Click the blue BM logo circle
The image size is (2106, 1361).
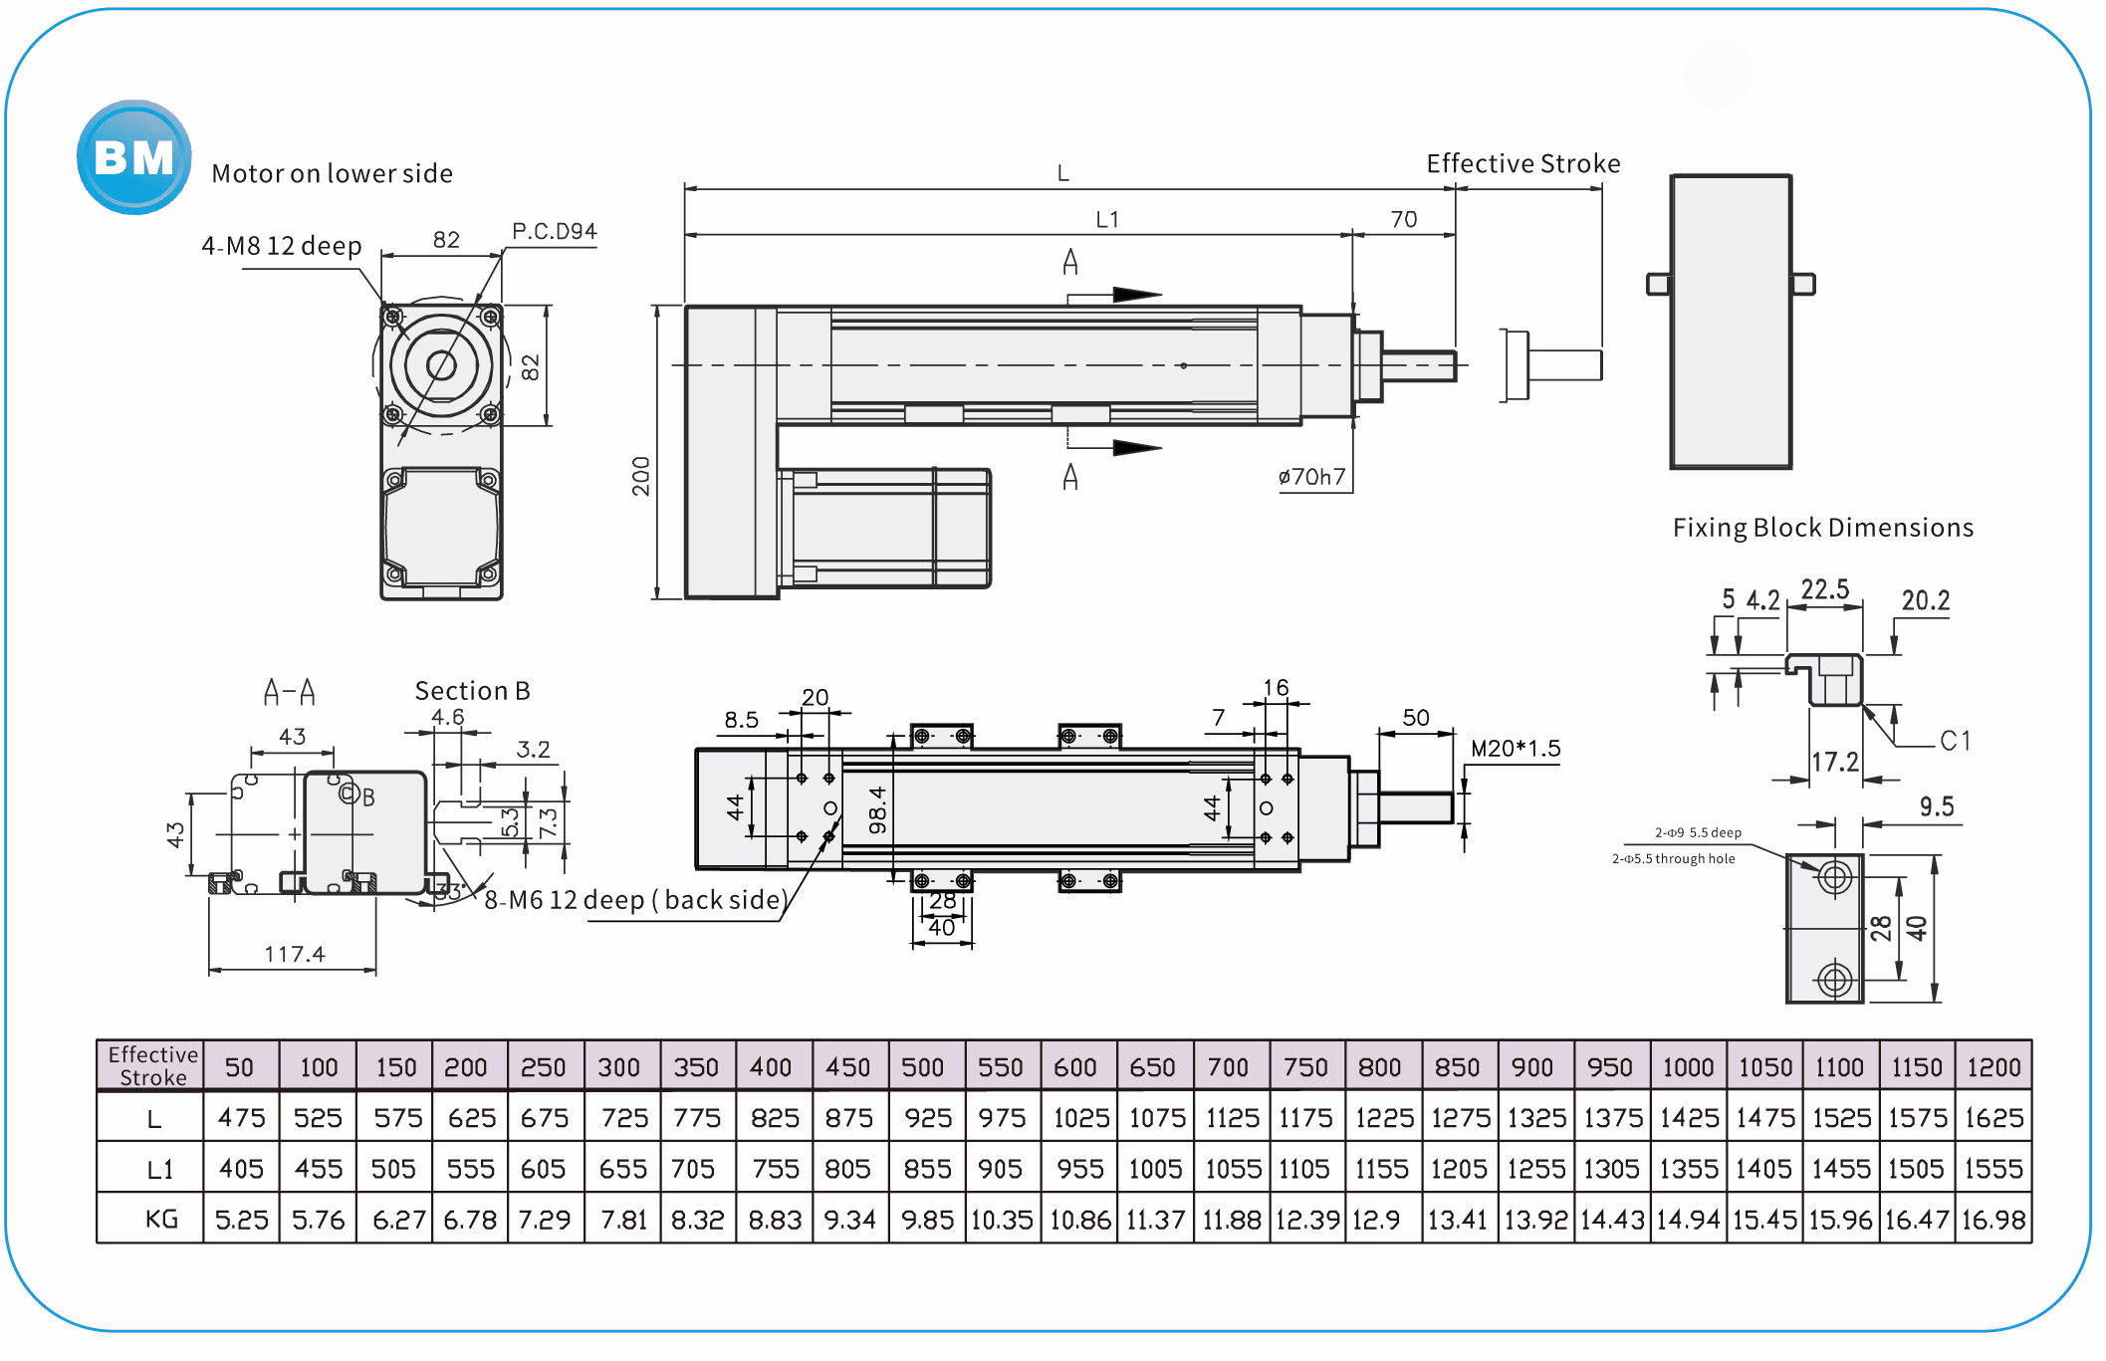click(x=133, y=157)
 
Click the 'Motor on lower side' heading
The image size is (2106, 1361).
click(x=332, y=173)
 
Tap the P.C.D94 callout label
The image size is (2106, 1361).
click(x=554, y=231)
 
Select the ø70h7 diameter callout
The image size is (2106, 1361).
click(x=1311, y=477)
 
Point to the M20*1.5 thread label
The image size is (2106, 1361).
click(x=1516, y=749)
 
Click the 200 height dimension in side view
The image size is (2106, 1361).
click(x=640, y=476)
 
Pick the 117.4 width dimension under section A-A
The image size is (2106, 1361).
click(x=294, y=954)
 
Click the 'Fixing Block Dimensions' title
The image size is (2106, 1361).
click(x=1822, y=528)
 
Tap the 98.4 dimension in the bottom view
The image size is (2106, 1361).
click(x=877, y=809)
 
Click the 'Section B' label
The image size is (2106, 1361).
click(x=472, y=691)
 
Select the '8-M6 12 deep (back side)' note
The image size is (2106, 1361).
click(x=635, y=900)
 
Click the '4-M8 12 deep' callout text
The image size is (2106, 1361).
click(x=282, y=246)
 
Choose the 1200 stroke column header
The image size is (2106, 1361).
click(x=1992, y=1067)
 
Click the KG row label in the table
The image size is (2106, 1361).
click(x=161, y=1219)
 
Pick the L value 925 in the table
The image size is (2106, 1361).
click(x=927, y=1118)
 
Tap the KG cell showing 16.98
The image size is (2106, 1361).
click(x=1992, y=1220)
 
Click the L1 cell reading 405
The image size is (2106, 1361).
click(x=241, y=1169)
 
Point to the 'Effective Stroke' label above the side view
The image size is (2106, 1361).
click(x=1522, y=163)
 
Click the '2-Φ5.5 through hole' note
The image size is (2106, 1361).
click(x=1673, y=858)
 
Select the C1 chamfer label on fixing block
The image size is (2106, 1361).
click(x=1954, y=741)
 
